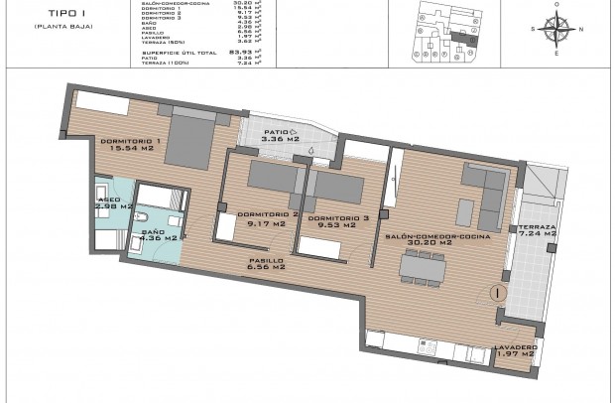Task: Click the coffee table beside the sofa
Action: coord(463,211)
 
